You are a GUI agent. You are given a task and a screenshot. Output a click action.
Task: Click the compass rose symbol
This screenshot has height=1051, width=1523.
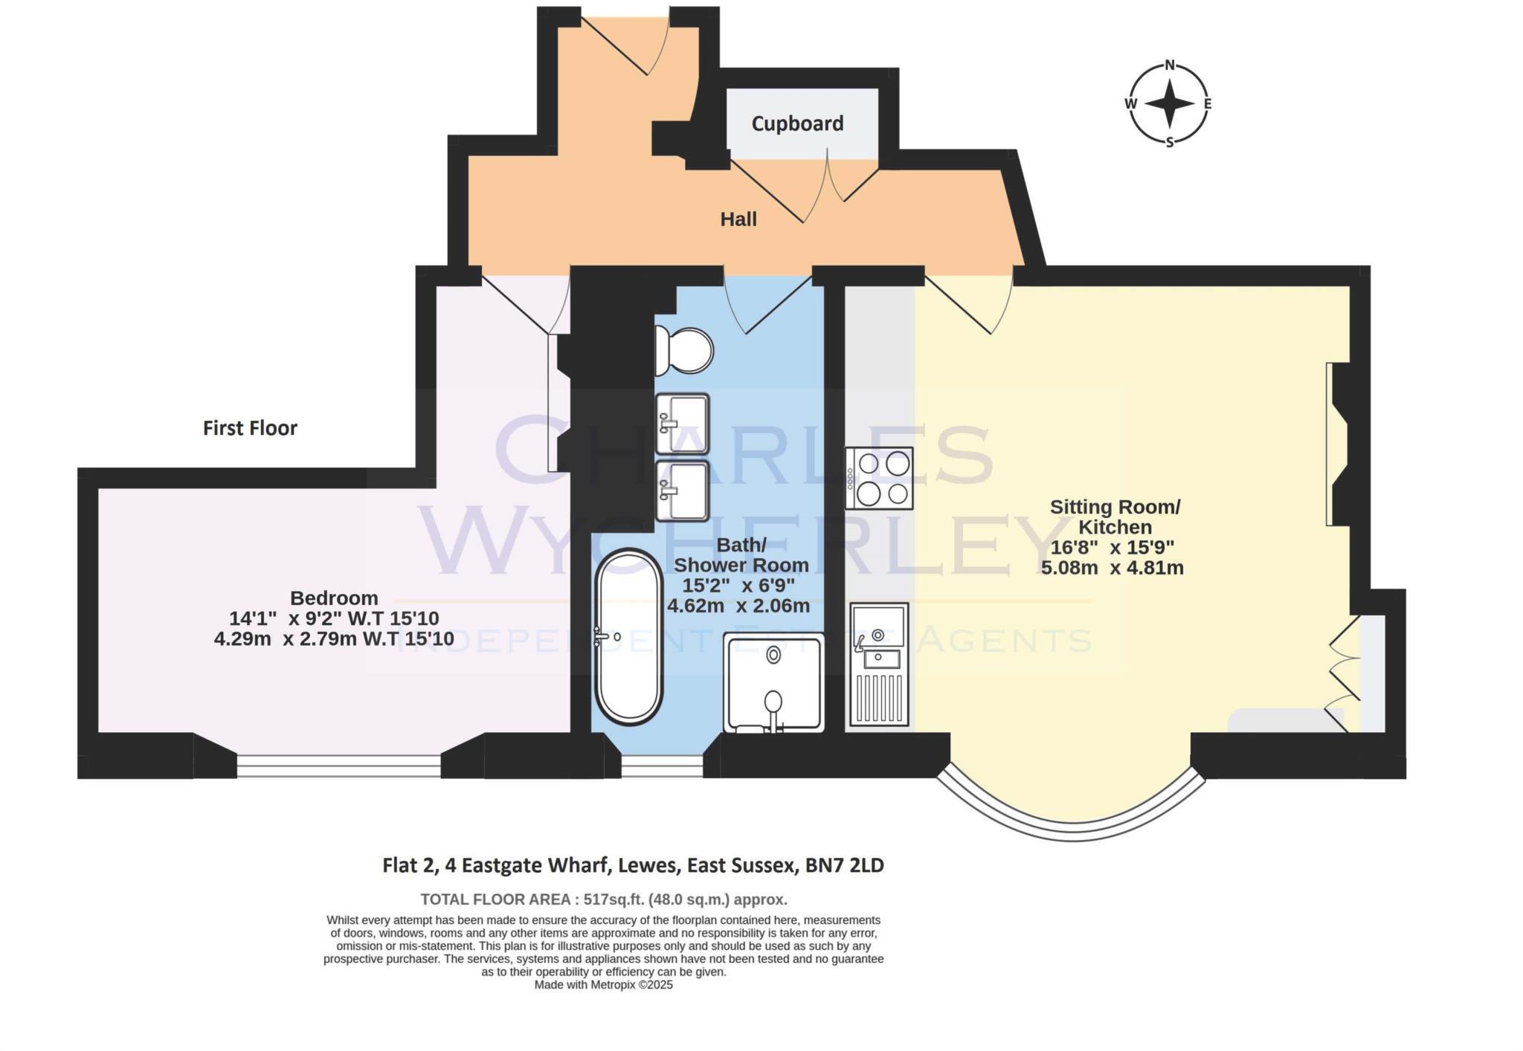click(1169, 103)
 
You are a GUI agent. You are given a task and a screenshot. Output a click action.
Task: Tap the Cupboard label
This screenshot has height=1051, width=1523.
click(797, 123)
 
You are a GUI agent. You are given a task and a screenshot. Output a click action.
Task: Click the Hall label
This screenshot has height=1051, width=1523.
click(738, 219)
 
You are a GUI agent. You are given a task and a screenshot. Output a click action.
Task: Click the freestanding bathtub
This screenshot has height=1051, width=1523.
click(628, 637)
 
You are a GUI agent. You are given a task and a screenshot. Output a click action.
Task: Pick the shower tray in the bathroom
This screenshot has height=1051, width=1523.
click(774, 682)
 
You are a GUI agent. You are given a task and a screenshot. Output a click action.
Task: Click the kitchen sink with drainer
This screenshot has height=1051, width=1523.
click(880, 664)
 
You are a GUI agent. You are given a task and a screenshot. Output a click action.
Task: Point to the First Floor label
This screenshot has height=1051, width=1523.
click(250, 428)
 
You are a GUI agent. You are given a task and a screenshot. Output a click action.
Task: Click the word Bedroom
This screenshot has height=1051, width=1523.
click(334, 598)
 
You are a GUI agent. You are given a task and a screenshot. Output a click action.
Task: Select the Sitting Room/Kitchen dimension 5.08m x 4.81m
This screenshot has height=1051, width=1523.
click(1112, 568)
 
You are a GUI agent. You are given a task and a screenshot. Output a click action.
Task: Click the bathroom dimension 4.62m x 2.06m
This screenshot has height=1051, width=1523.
click(738, 606)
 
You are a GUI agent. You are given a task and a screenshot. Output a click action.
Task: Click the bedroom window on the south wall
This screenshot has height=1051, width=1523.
click(339, 766)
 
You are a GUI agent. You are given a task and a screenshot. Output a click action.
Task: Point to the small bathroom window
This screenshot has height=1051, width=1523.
click(662, 766)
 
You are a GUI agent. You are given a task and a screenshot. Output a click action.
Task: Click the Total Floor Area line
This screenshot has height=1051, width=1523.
click(603, 899)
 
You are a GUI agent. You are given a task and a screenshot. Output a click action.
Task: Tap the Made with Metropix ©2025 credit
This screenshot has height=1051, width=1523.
click(603, 985)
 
